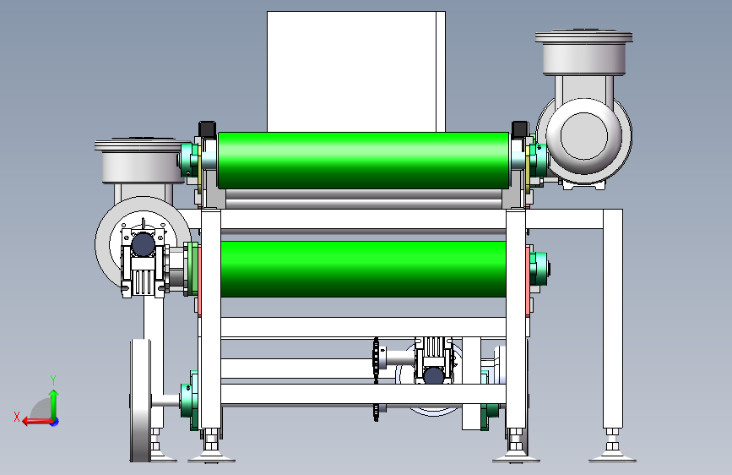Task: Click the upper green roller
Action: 363,161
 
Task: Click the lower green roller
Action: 363,269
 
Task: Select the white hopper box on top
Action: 355,72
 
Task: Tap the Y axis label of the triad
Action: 53,379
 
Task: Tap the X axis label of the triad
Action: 17,417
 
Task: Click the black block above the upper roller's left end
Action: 208,129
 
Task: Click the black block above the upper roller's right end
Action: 520,129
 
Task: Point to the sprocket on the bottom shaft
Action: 376,379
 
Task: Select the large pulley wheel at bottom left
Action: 140,401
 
